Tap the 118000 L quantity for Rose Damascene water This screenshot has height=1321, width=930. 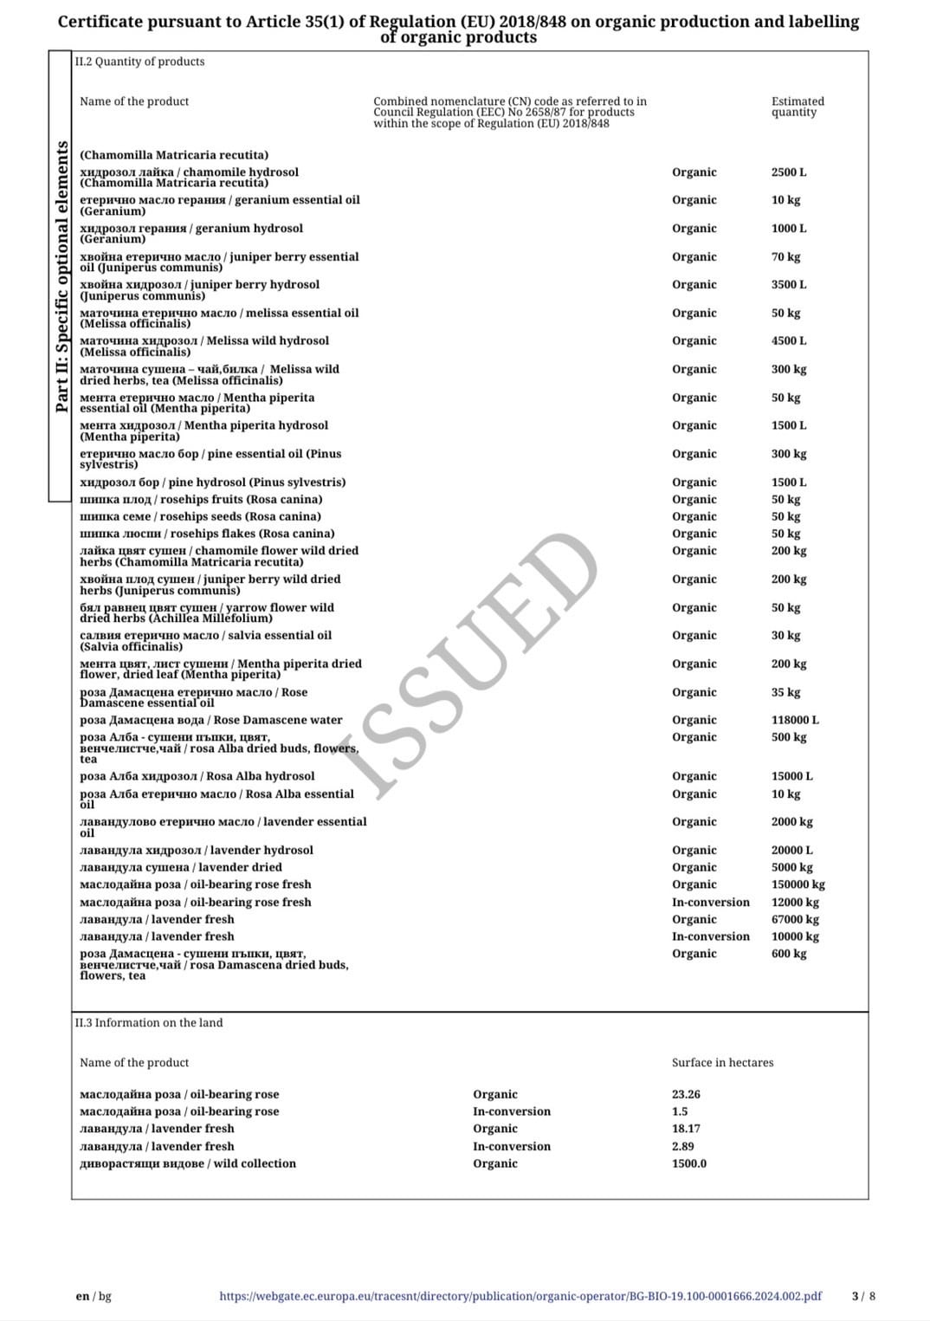[x=795, y=720]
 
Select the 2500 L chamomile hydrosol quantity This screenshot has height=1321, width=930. [x=788, y=172]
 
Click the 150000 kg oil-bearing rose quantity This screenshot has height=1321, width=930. [x=798, y=884]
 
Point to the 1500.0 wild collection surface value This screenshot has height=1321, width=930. [x=688, y=1163]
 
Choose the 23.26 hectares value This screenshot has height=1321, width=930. [x=686, y=1094]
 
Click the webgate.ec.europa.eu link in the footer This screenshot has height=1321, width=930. [x=520, y=1296]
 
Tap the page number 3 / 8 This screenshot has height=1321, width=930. [x=863, y=1296]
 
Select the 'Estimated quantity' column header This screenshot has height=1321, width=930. [x=798, y=107]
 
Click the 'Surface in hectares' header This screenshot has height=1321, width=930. [x=722, y=1062]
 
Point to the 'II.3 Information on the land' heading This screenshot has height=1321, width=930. [x=148, y=1022]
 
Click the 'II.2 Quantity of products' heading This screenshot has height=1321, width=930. [x=139, y=62]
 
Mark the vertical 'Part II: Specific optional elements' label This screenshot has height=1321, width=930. [x=61, y=277]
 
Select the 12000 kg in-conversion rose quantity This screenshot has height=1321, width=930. [x=794, y=902]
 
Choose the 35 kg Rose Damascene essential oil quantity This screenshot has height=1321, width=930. [x=785, y=692]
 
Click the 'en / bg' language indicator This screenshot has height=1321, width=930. [x=94, y=1296]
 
